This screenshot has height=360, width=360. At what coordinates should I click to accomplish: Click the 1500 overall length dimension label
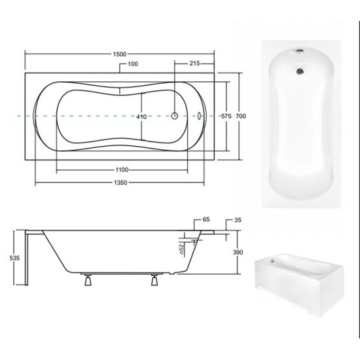(x=120, y=54)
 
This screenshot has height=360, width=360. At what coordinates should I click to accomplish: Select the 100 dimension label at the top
(x=133, y=64)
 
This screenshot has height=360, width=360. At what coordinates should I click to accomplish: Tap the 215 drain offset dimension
(x=194, y=63)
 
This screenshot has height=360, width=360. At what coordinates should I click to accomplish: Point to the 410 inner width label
(x=141, y=117)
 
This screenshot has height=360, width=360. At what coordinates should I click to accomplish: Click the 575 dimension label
(x=226, y=116)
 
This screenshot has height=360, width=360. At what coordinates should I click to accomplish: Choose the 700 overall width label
(x=241, y=116)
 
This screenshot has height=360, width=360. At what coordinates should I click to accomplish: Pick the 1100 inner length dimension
(x=122, y=170)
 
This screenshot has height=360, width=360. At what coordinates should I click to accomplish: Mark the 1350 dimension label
(x=120, y=183)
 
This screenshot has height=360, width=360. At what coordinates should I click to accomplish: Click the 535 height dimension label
(x=14, y=258)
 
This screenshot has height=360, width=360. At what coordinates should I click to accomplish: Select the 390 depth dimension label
(x=238, y=252)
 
